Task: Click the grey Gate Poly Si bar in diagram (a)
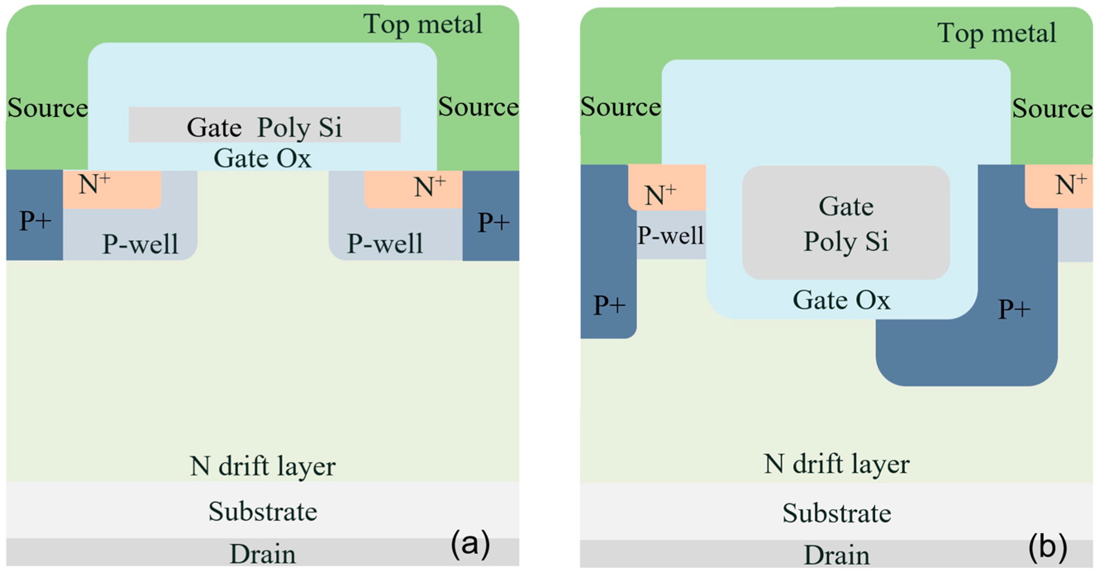(x=265, y=124)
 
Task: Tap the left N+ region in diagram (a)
(x=112, y=189)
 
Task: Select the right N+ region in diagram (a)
(x=413, y=189)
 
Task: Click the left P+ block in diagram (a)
(x=35, y=215)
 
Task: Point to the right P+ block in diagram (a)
(x=491, y=215)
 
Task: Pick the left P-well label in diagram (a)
(x=140, y=244)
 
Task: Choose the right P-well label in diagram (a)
(x=384, y=244)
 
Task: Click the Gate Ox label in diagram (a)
(x=262, y=158)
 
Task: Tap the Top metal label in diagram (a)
(x=423, y=24)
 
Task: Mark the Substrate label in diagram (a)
(x=263, y=511)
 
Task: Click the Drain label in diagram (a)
(x=263, y=554)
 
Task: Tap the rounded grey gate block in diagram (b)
(x=846, y=222)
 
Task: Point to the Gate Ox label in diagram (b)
(x=842, y=300)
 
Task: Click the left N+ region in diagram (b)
(x=667, y=188)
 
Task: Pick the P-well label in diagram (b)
(x=670, y=235)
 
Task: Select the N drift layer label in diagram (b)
(x=837, y=464)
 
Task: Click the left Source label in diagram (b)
(x=621, y=107)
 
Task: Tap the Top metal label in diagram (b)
(x=997, y=33)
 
